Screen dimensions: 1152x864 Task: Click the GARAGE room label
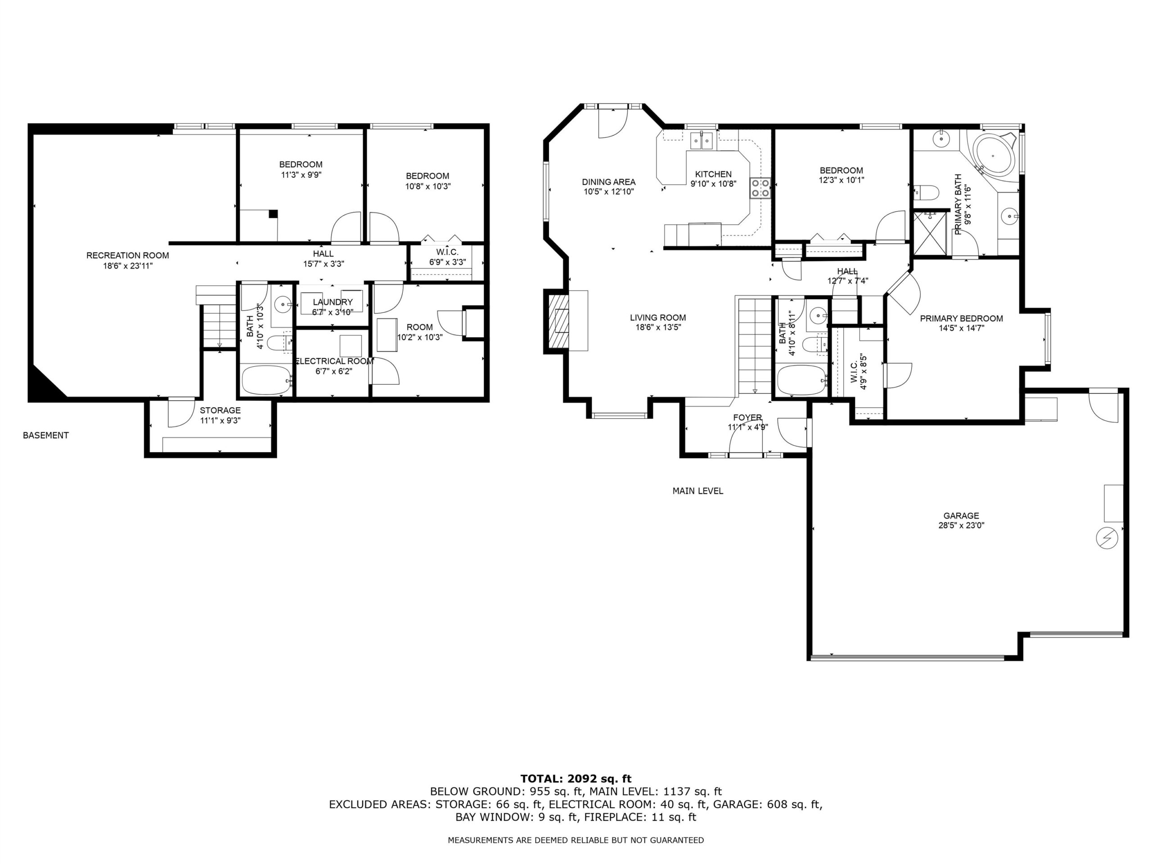(x=961, y=516)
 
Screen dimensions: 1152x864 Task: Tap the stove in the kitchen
(x=760, y=188)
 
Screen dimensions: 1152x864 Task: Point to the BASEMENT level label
(x=46, y=436)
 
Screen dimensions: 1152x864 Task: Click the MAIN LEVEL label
(x=698, y=490)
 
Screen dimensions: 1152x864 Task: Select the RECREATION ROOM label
(x=128, y=255)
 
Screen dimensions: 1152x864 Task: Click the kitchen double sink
(x=702, y=140)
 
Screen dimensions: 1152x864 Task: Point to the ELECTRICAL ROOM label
(x=334, y=361)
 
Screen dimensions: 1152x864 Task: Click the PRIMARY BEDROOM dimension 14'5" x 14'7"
(x=961, y=328)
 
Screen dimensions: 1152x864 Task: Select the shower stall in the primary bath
(x=929, y=233)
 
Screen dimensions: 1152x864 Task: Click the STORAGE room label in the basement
(x=220, y=410)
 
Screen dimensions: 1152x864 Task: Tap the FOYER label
(x=747, y=418)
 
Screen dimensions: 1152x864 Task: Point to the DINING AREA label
(x=609, y=182)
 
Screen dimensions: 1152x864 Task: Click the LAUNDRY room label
(x=333, y=302)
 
